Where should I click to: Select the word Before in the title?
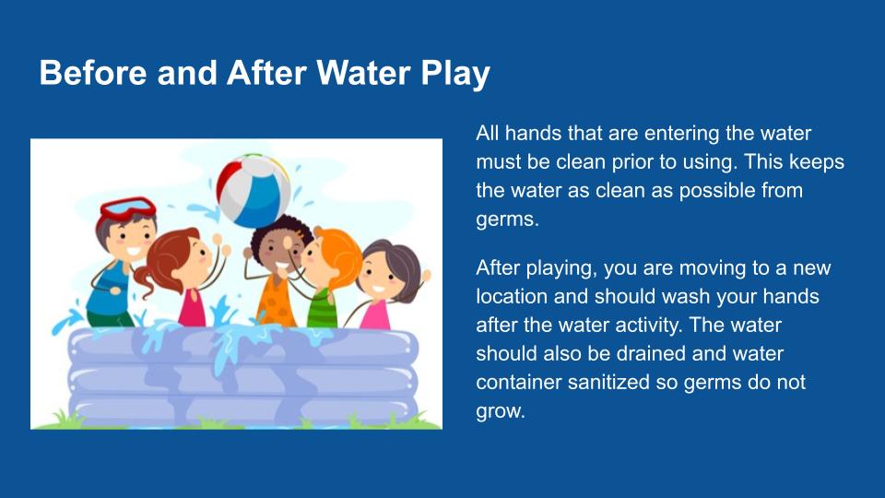click(93, 73)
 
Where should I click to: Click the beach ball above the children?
click(254, 190)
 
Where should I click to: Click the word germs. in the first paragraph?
click(507, 219)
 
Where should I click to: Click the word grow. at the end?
click(500, 411)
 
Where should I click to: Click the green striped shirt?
click(323, 309)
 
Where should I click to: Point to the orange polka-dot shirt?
click(277, 302)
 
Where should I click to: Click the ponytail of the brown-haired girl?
click(145, 280)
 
